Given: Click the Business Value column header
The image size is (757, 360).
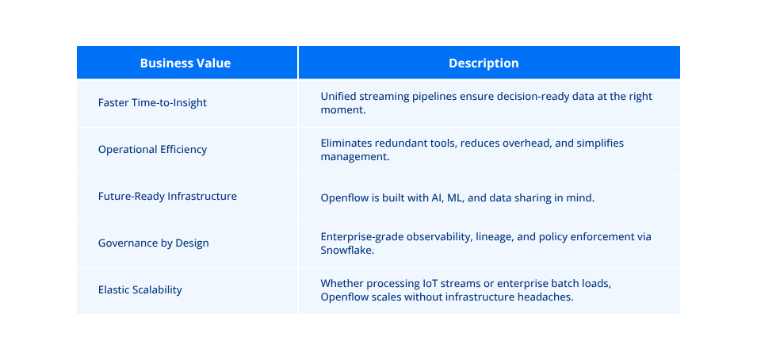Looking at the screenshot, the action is point(185,63).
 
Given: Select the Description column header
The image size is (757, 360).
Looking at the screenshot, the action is point(484,63).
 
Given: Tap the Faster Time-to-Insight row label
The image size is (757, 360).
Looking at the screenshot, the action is point(152,103).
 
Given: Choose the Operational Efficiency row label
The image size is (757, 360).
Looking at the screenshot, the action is point(152,150).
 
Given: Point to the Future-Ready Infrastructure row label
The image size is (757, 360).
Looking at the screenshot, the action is point(167,197).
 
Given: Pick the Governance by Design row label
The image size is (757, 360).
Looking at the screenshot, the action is point(154,243).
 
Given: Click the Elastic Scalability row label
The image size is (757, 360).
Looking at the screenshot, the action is point(140,290).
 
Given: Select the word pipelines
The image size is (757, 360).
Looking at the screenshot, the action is point(432,97).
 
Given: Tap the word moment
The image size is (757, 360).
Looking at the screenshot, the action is point(342,110).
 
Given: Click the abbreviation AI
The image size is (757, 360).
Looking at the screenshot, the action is point(438,198).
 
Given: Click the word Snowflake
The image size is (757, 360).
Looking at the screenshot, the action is point(347,251).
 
